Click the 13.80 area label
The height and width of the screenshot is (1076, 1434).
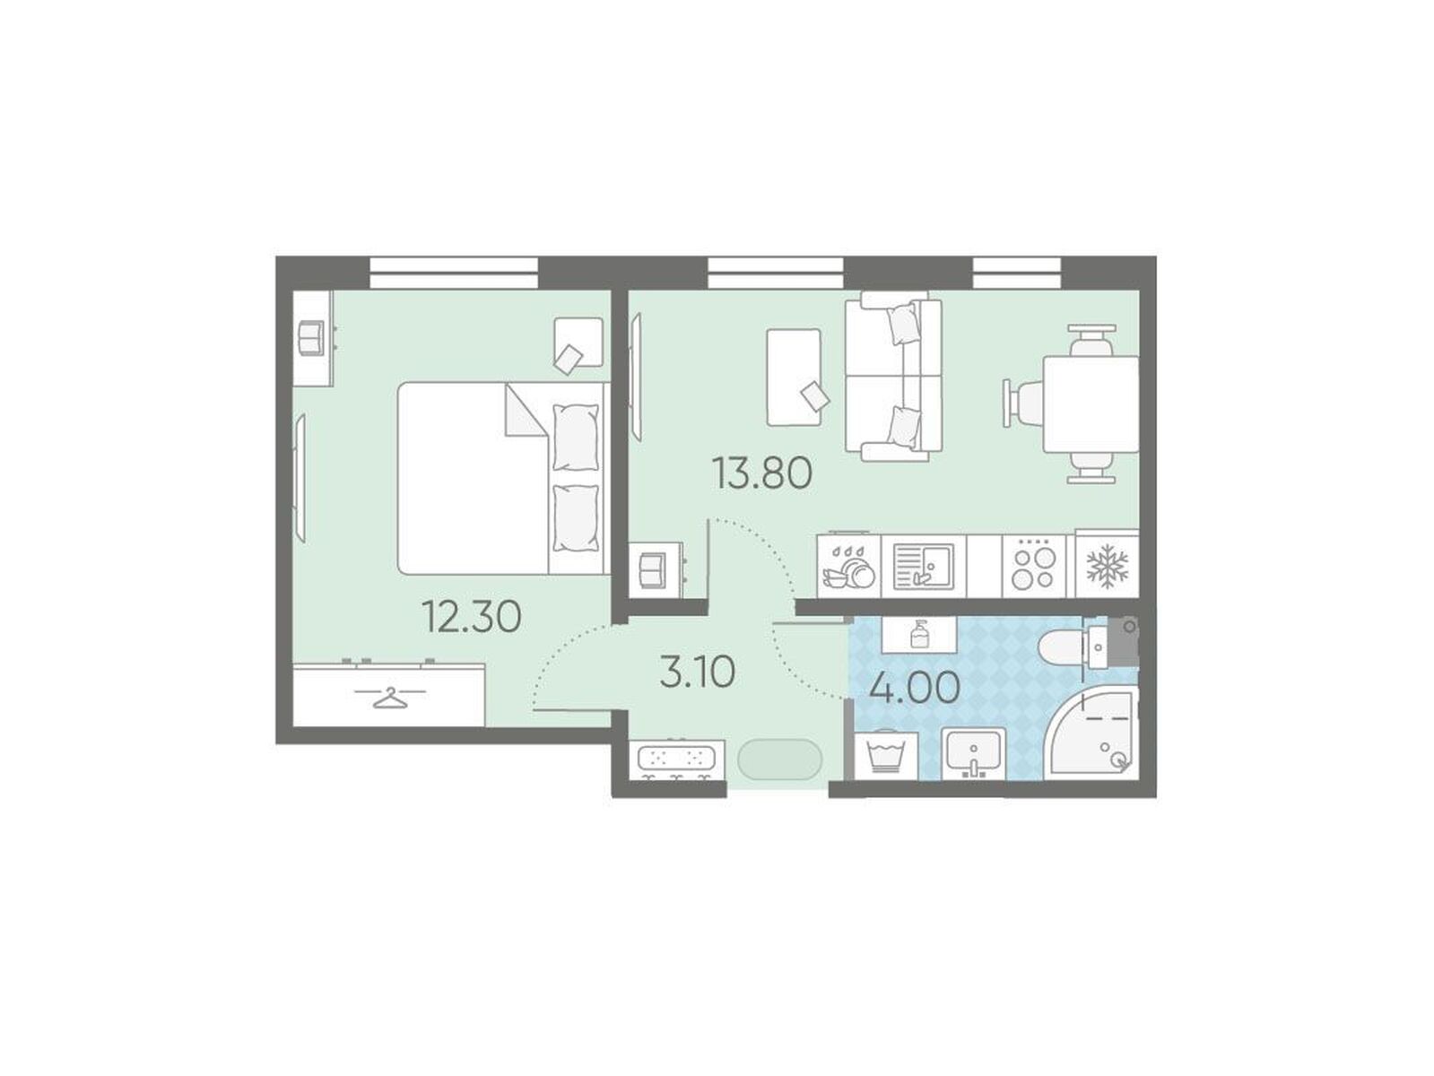[761, 473]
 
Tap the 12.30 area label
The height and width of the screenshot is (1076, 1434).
[471, 616]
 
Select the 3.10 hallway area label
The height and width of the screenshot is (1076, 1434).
[697, 672]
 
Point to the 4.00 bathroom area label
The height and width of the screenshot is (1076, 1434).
[914, 688]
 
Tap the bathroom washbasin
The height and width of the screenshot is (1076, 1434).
[973, 755]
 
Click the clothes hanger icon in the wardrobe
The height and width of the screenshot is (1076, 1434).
[389, 698]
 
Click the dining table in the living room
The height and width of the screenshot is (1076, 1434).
[1091, 403]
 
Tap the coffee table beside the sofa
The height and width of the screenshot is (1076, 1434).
[794, 377]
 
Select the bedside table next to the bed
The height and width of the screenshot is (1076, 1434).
[578, 343]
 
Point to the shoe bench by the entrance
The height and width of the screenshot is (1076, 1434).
[677, 760]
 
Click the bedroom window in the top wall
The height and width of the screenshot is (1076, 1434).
[454, 273]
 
